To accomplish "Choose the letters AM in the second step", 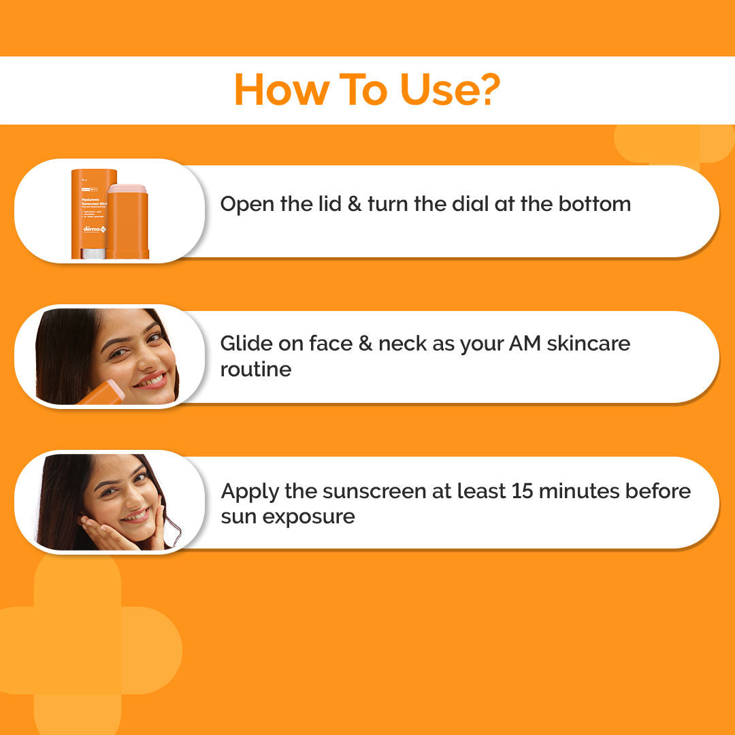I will click(521, 344).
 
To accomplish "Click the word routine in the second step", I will click(255, 370).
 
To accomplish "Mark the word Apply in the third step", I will click(248, 491).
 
